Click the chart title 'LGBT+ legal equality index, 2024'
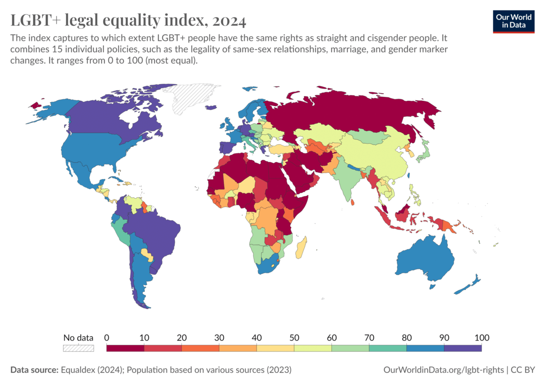click(x=128, y=21)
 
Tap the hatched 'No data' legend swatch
click(x=78, y=348)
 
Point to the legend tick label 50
click(x=294, y=338)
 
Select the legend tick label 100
click(x=482, y=338)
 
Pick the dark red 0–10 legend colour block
click(x=125, y=348)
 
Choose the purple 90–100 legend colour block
click(x=463, y=348)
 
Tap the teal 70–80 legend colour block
click(x=387, y=348)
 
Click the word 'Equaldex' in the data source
click(x=75, y=370)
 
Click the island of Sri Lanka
click(x=353, y=203)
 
